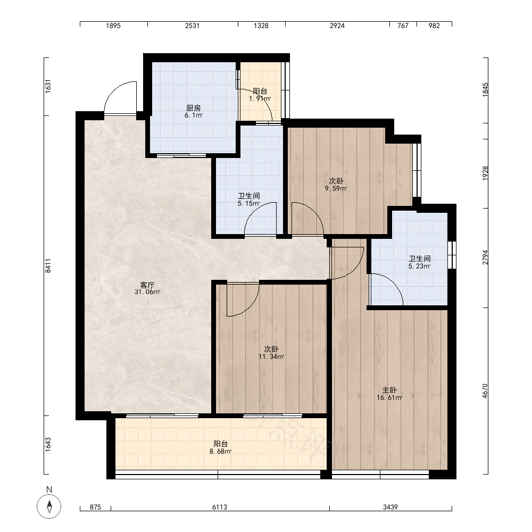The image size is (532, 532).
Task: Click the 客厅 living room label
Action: click(x=147, y=285)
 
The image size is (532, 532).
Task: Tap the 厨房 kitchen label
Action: click(x=194, y=108)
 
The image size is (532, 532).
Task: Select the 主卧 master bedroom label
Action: click(x=389, y=390)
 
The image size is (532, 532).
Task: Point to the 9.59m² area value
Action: click(x=336, y=189)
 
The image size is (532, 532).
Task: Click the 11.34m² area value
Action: click(x=271, y=356)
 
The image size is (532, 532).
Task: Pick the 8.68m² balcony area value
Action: click(x=221, y=451)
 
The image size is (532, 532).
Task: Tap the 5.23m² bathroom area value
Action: click(x=420, y=267)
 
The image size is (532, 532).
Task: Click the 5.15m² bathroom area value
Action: click(x=248, y=204)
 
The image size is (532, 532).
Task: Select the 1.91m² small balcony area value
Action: click(x=260, y=99)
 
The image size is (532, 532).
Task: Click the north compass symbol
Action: click(x=49, y=506)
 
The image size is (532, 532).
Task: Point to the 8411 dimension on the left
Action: click(x=48, y=265)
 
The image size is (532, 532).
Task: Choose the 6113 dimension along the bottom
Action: click(x=220, y=507)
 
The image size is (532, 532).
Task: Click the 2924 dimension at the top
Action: click(x=337, y=26)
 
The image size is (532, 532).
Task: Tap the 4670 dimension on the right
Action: click(x=485, y=391)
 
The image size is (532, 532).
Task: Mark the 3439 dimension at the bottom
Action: click(x=390, y=507)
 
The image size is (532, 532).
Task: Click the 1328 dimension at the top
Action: click(x=261, y=26)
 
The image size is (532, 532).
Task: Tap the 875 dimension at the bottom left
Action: click(x=95, y=507)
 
